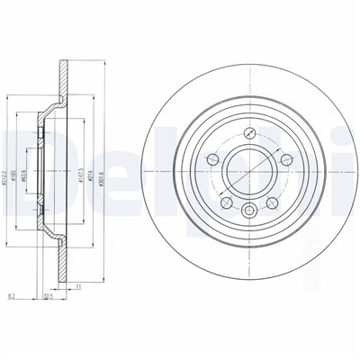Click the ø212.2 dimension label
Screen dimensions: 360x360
click(8, 167)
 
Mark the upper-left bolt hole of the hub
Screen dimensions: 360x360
click(211, 159)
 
